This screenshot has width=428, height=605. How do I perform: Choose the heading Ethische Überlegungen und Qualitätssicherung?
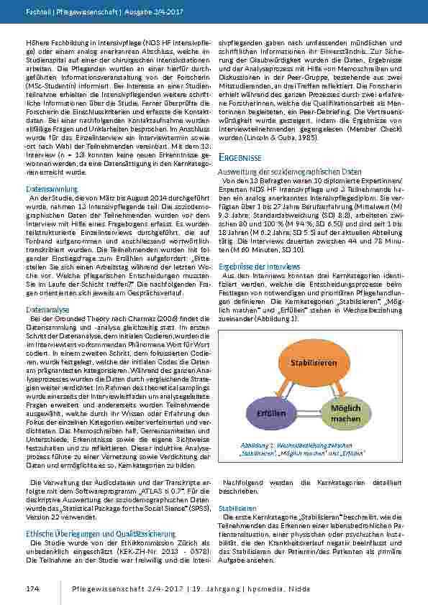click(x=101, y=534)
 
